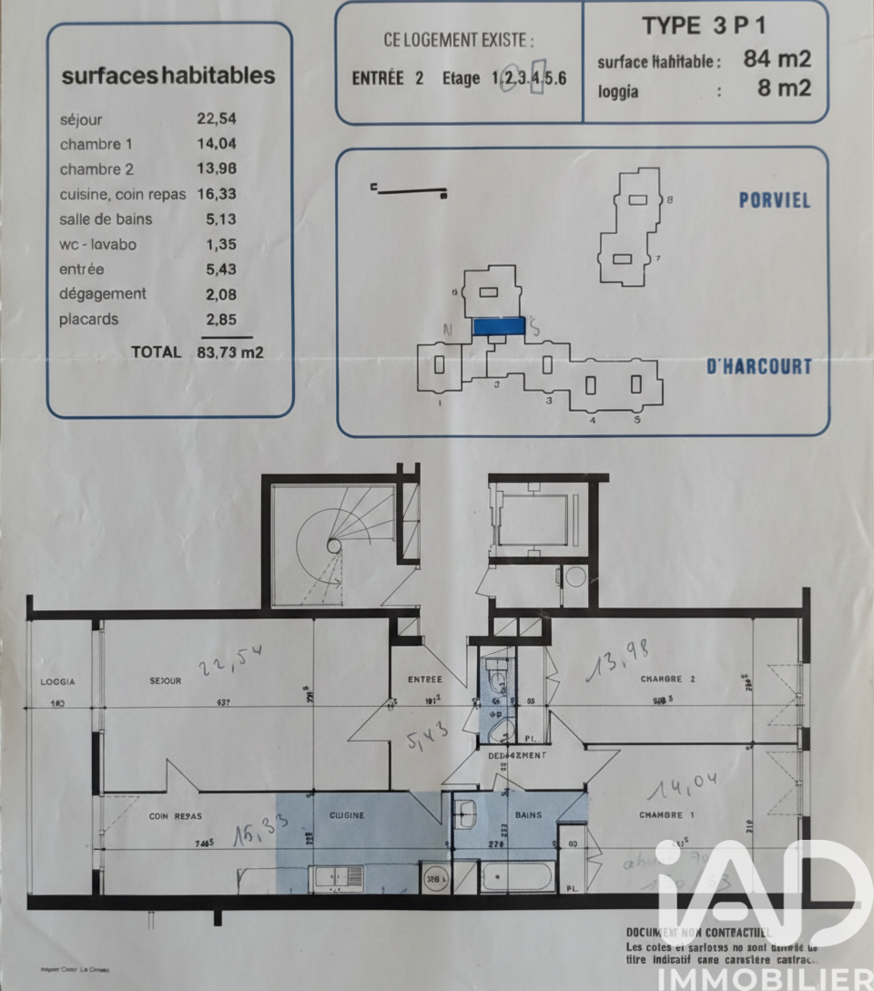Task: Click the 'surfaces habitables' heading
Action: click(168, 76)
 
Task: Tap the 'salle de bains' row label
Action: click(107, 219)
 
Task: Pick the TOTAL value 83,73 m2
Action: click(230, 352)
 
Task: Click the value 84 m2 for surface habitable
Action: click(777, 60)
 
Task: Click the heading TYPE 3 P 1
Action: click(699, 26)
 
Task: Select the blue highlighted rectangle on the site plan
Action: click(498, 324)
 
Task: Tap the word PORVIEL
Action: click(774, 200)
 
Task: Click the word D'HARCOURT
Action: click(759, 367)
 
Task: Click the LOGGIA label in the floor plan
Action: click(57, 681)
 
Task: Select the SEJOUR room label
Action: click(166, 681)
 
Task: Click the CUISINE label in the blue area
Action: click(347, 815)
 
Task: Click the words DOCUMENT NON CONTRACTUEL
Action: click(698, 932)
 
